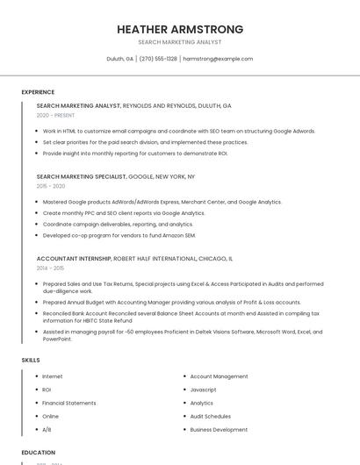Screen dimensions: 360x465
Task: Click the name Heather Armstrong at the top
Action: point(180,30)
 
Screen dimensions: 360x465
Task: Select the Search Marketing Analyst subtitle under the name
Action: point(180,42)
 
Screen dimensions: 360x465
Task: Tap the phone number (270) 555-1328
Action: point(158,59)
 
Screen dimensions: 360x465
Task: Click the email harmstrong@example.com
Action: point(218,59)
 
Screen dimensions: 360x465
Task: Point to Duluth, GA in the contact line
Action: point(119,59)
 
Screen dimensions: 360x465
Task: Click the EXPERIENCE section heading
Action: point(38,92)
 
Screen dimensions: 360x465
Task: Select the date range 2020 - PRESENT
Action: point(55,115)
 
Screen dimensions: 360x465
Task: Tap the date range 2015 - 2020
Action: point(51,186)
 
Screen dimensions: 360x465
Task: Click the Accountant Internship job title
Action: point(74,259)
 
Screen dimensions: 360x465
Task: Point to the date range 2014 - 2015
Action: point(50,268)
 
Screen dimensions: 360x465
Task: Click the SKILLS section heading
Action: point(31,360)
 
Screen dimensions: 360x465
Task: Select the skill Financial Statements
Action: point(69,403)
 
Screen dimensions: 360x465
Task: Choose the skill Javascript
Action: point(203,390)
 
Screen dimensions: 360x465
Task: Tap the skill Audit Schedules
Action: point(211,416)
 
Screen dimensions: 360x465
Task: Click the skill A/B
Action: point(47,430)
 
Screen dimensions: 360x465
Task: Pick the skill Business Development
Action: point(219,430)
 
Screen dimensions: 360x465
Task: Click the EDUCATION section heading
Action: point(38,453)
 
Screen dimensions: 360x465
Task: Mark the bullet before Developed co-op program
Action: point(38,235)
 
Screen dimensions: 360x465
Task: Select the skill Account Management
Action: point(219,376)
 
